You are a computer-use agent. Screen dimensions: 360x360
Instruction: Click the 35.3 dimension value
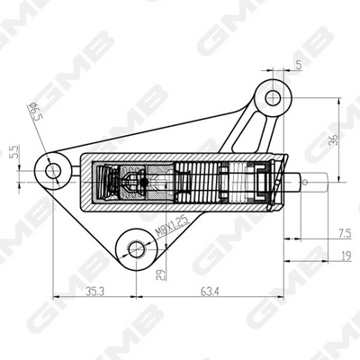pyautogui.click(x=94, y=292)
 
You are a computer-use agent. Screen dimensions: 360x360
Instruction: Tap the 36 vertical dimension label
pyautogui.click(x=333, y=139)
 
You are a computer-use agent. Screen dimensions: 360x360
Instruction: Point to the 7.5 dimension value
pyautogui.click(x=345, y=233)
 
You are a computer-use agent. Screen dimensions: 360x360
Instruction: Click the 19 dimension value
pyautogui.click(x=346, y=256)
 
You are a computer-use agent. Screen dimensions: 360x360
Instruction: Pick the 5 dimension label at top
pyautogui.click(x=299, y=65)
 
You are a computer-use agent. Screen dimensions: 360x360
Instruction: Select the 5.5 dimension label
pyautogui.click(x=15, y=152)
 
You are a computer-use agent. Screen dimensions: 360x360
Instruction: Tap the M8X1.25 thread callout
pyautogui.click(x=172, y=226)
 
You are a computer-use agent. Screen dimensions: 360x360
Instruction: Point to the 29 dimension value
pyautogui.click(x=160, y=274)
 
